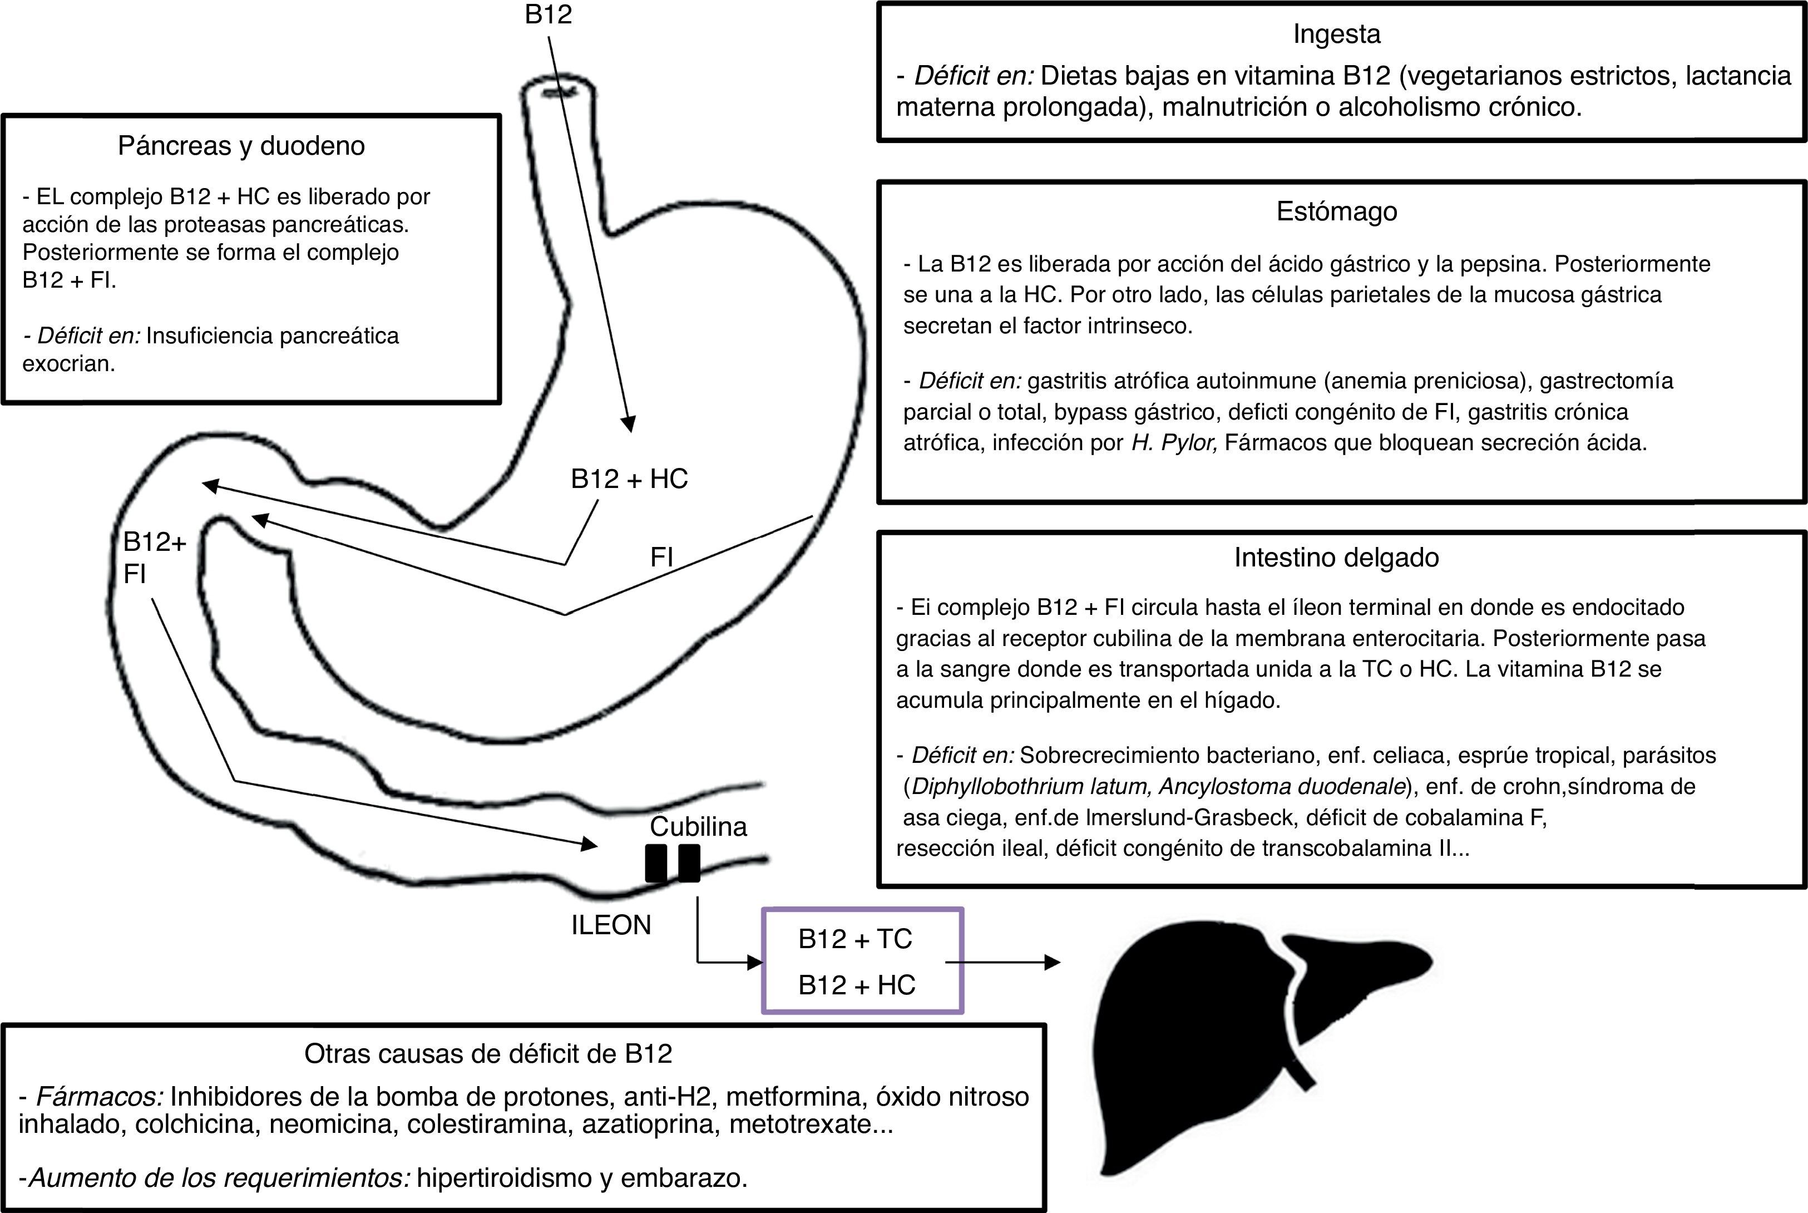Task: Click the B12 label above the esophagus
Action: (549, 14)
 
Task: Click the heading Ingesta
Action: (1336, 34)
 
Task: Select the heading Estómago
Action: (1336, 212)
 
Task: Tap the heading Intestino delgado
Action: (1336, 558)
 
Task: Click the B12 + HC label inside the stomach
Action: (629, 480)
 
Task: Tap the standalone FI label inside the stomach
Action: (661, 558)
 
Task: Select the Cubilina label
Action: (698, 827)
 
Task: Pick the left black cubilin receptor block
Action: (656, 864)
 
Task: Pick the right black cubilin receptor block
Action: (689, 864)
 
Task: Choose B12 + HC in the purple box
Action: (857, 985)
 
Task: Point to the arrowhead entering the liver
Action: (1052, 963)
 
